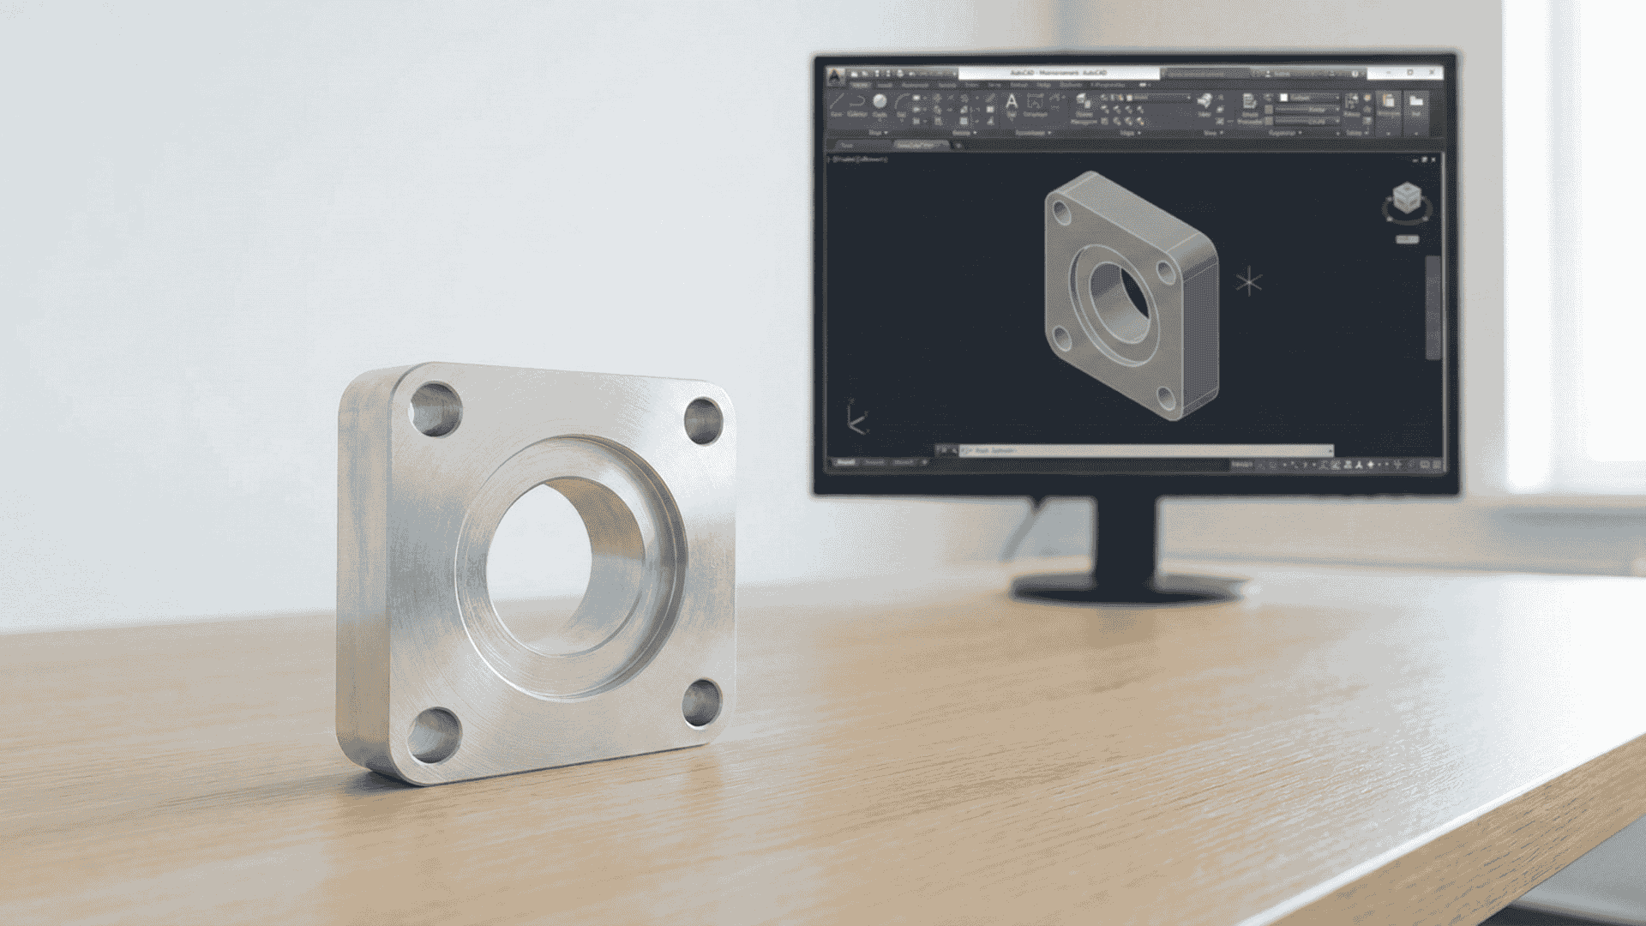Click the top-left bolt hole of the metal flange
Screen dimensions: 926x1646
[435, 409]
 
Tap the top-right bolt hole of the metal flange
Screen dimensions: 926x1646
[704, 420]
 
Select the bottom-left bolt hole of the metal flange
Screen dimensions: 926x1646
[432, 736]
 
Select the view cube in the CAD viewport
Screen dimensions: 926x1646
[1406, 200]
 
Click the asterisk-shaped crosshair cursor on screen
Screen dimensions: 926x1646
[1249, 282]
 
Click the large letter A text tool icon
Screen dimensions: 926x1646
[1012, 104]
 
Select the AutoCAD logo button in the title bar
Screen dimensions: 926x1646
[837, 75]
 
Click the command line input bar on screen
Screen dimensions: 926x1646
[1140, 450]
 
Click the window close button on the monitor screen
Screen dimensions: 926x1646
[1433, 73]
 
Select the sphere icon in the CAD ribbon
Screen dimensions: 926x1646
[880, 102]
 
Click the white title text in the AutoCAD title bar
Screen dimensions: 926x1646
[1058, 74]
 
